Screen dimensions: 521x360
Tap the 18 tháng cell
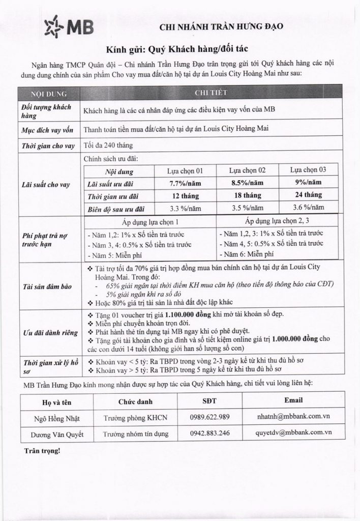point(248,195)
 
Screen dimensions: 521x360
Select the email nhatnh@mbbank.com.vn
point(292,417)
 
